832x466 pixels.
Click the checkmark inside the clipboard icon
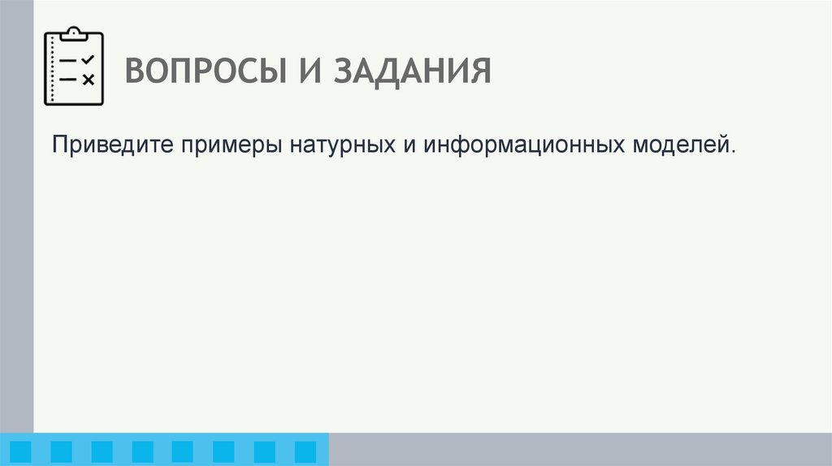(89, 59)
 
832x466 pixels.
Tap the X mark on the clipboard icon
(89, 79)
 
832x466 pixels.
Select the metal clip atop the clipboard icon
(73, 34)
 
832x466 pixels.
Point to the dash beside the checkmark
(68, 61)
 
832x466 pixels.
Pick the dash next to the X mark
(68, 79)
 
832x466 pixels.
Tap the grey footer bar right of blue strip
(580, 449)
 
